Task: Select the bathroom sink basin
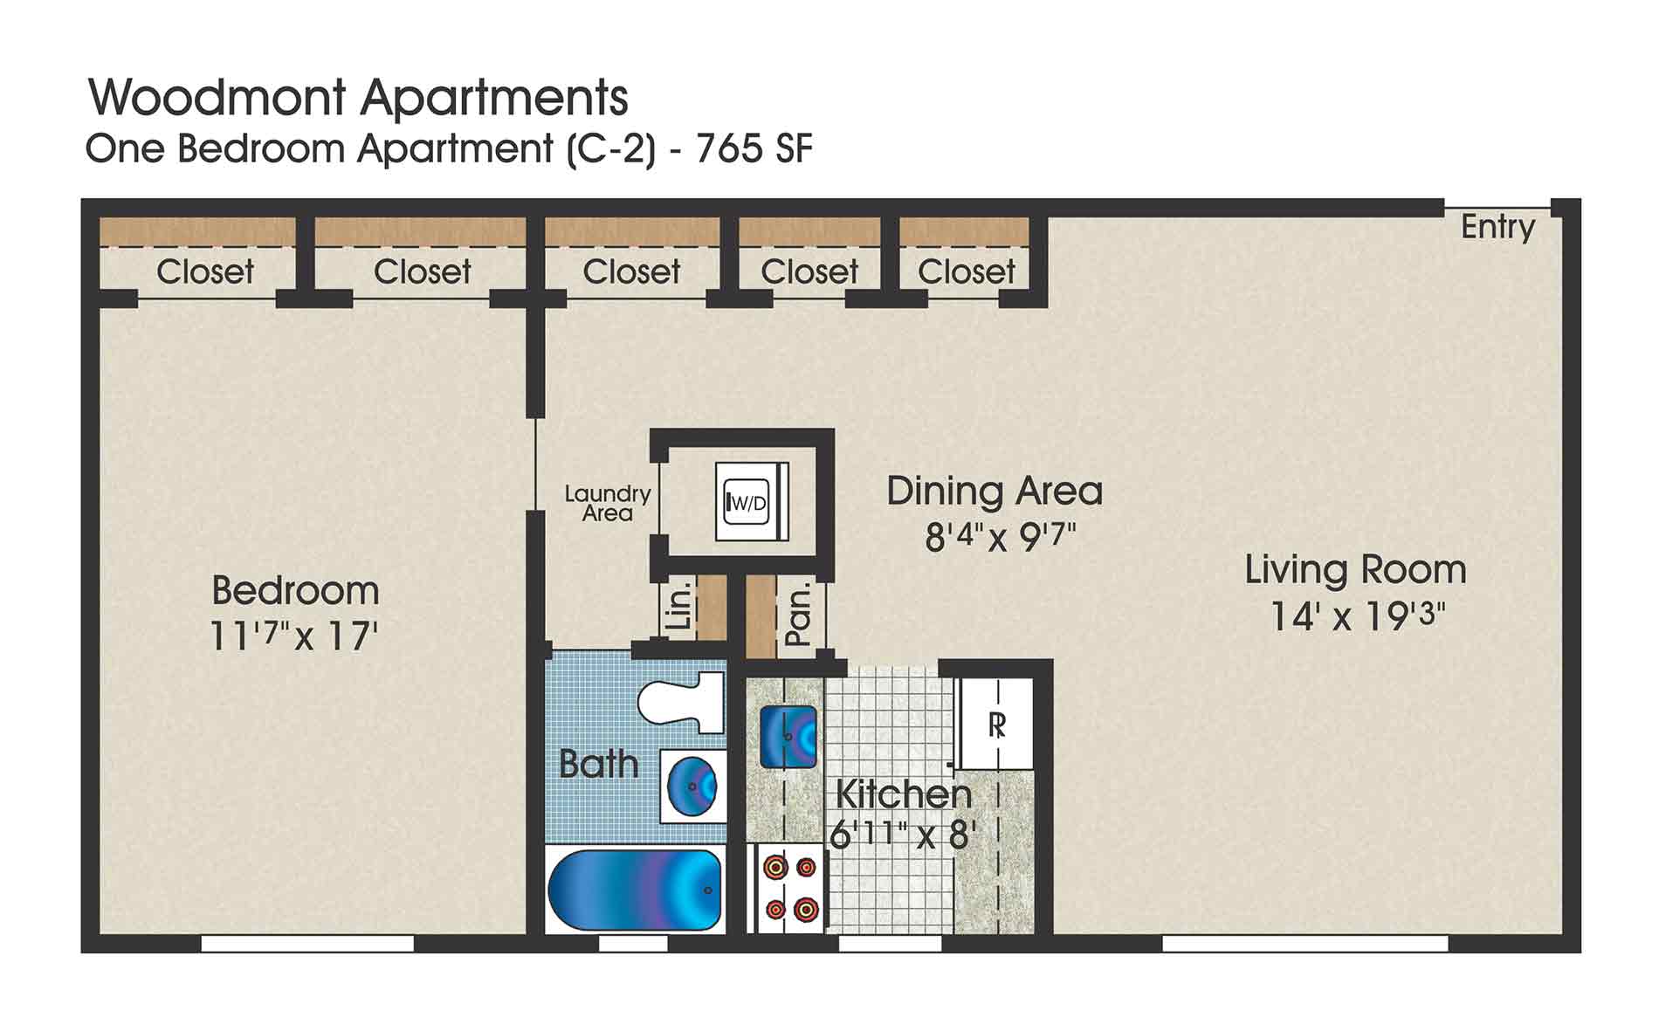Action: [692, 787]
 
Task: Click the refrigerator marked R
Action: [996, 724]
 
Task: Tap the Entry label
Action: [1497, 227]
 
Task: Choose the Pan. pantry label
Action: [798, 615]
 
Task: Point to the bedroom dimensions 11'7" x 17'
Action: [294, 636]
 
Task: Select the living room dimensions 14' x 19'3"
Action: [1356, 616]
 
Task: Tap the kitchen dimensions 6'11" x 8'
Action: [901, 835]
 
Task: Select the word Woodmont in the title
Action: [217, 97]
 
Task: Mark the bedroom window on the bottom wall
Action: [307, 944]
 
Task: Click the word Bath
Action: [599, 764]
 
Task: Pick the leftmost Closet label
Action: [205, 271]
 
